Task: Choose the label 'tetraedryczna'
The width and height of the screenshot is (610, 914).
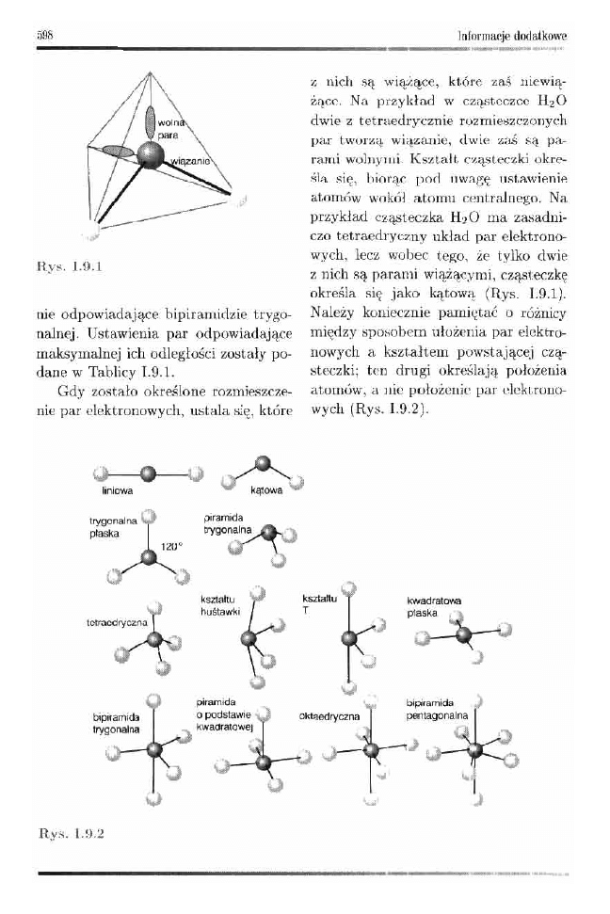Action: pos(112,622)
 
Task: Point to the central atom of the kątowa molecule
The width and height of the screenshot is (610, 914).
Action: pos(265,463)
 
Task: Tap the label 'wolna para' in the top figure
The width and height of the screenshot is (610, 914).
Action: pos(169,129)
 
